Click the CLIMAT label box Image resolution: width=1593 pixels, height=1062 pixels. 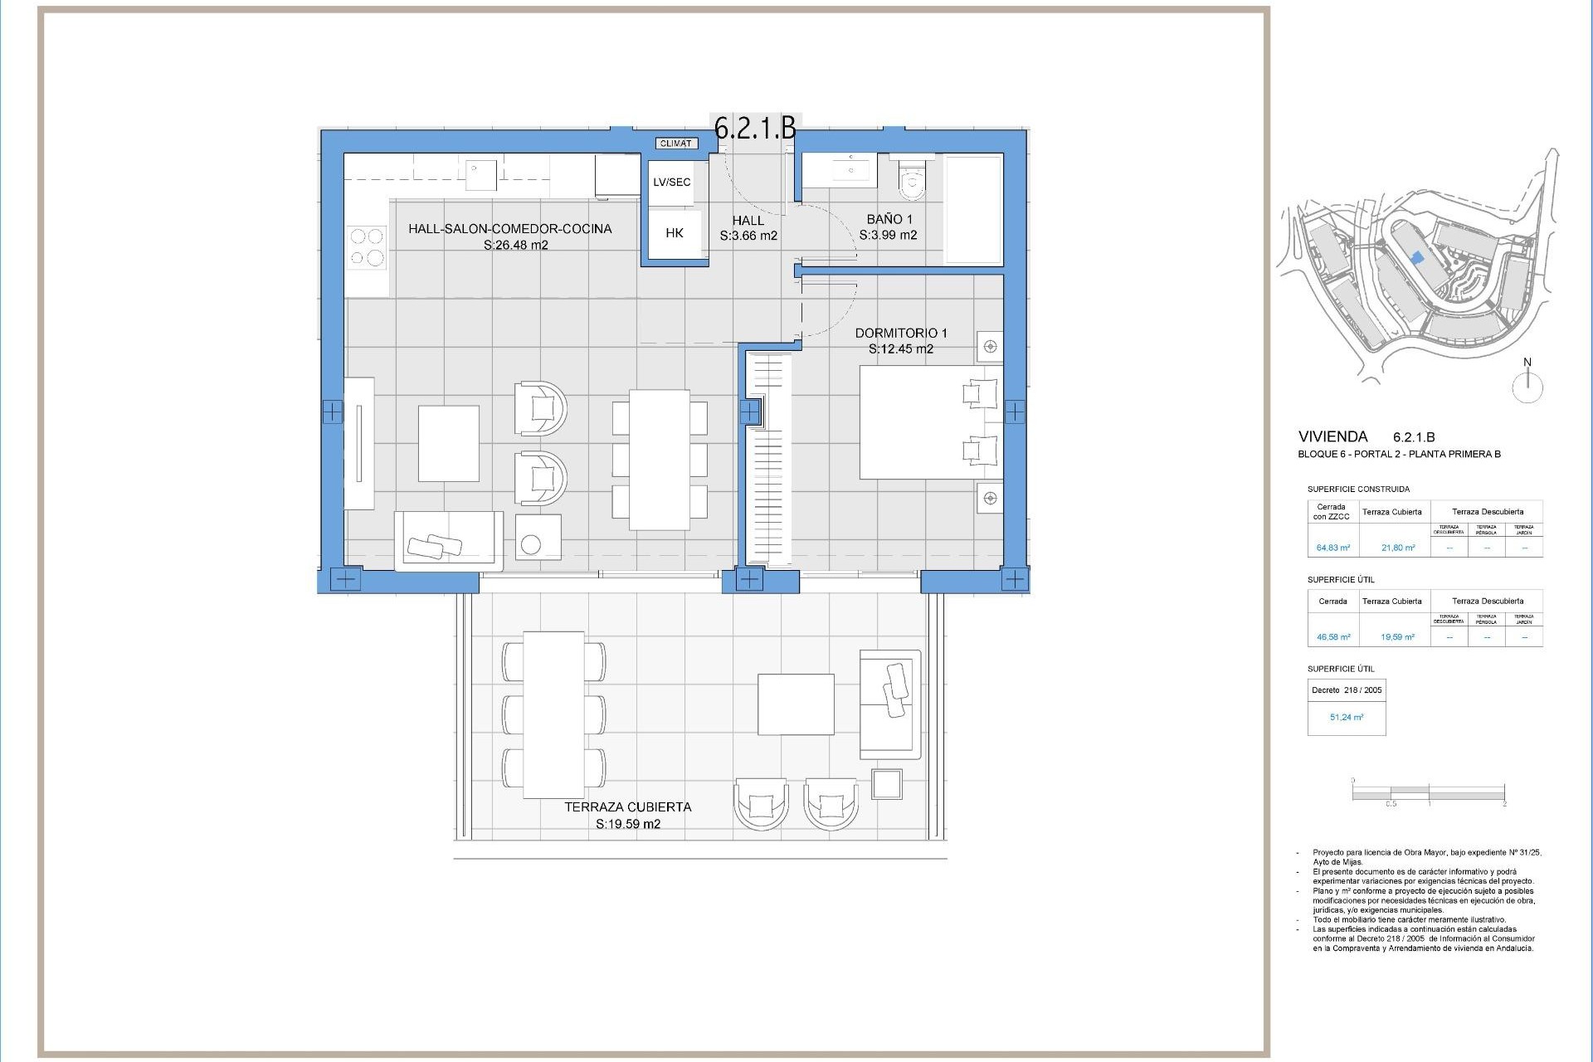[x=675, y=144]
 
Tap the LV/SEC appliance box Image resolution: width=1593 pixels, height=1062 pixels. [x=671, y=183]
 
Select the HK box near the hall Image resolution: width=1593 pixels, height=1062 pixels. [x=674, y=234]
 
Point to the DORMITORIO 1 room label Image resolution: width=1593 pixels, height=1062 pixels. [x=901, y=333]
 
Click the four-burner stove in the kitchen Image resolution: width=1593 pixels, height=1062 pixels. [x=368, y=247]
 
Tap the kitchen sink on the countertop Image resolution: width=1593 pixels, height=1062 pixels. [x=480, y=175]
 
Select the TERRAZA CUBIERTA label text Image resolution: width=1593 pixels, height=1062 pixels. [x=627, y=806]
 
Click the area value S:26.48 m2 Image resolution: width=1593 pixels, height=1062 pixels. [x=515, y=245]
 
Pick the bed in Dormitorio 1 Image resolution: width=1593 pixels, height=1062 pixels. [x=929, y=422]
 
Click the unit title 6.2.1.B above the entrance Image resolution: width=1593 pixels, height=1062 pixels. [x=755, y=128]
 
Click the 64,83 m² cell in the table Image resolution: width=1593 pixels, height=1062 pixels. [x=1332, y=548]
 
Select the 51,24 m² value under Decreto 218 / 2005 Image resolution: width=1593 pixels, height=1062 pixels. [x=1346, y=717]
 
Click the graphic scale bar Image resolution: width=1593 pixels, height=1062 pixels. [x=1428, y=793]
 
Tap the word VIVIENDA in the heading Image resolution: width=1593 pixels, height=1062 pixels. [x=1332, y=436]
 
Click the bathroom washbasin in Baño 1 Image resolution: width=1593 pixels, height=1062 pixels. [x=848, y=171]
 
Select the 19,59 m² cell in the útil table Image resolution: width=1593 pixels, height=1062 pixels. [x=1397, y=637]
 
